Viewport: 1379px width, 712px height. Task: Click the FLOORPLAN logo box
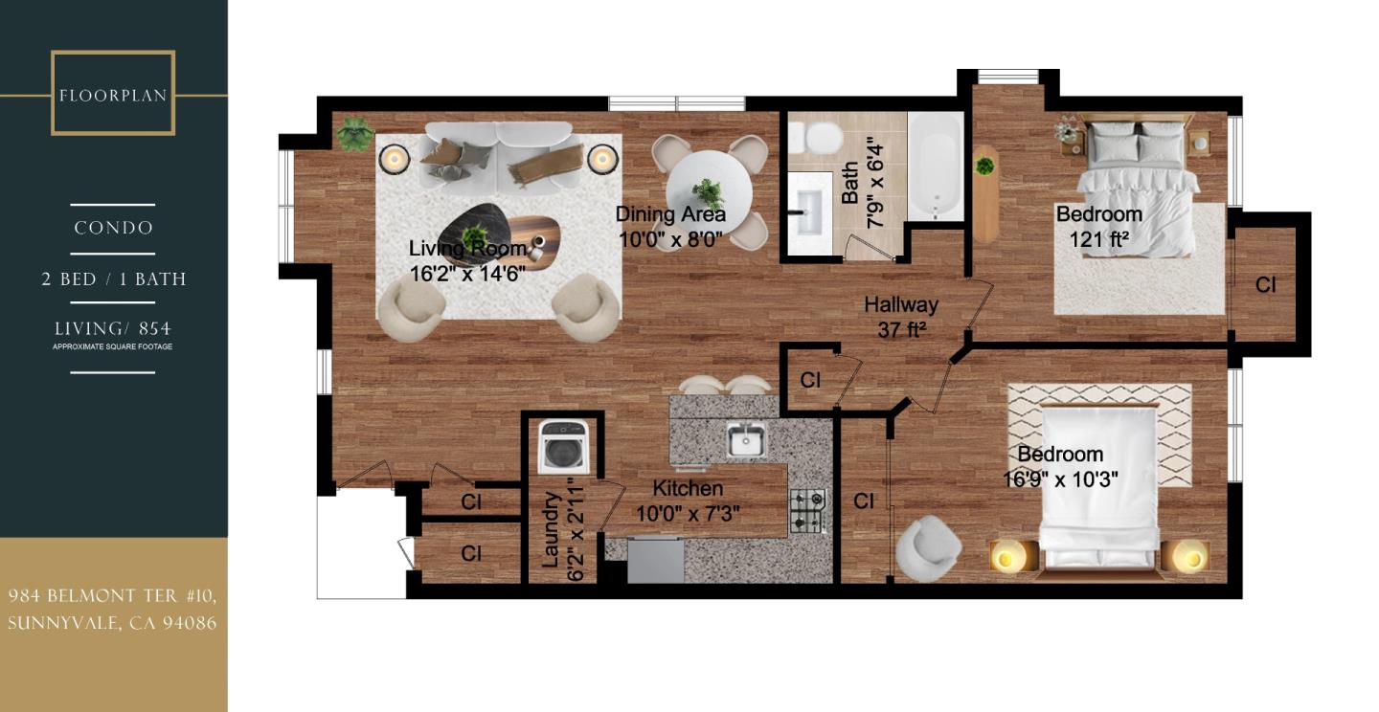click(113, 94)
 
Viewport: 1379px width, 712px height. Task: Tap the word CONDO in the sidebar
click(113, 229)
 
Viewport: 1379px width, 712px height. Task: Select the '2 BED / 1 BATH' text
click(113, 279)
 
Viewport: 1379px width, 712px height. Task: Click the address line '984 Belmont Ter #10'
click(113, 596)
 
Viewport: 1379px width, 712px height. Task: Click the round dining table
click(709, 187)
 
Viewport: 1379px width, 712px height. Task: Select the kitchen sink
click(746, 441)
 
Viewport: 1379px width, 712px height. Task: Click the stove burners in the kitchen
click(807, 511)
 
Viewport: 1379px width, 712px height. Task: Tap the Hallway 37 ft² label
click(900, 317)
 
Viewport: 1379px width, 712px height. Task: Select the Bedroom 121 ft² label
click(1098, 227)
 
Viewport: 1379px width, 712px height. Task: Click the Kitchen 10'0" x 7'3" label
click(688, 501)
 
